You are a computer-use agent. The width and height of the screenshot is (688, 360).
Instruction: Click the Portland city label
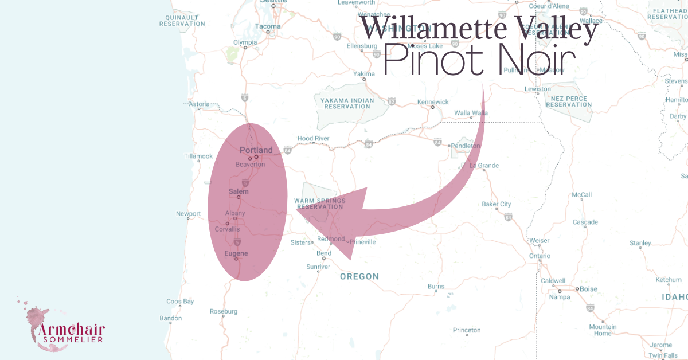pos(256,150)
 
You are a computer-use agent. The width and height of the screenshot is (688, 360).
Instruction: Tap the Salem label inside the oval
pos(239,191)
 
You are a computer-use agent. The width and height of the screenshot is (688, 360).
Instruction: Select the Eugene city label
pos(236,253)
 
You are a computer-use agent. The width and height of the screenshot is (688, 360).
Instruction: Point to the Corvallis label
pos(227,229)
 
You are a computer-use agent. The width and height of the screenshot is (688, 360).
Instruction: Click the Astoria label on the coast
pos(199,104)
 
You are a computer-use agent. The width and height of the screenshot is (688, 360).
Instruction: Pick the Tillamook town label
pos(198,156)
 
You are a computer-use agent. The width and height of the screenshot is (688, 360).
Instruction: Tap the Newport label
pos(188,214)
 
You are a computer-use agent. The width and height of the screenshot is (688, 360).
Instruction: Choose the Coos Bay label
pos(180,301)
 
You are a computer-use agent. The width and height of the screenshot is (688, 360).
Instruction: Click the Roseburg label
pos(224,311)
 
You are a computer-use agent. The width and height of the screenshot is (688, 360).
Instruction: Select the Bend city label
pos(324,253)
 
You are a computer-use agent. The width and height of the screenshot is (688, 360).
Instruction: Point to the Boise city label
pos(588,289)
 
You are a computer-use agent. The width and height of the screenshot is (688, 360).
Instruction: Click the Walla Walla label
pos(471,113)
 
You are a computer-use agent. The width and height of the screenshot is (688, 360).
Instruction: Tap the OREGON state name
pos(359,276)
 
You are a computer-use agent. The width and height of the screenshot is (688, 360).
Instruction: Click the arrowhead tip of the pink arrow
pos(297,210)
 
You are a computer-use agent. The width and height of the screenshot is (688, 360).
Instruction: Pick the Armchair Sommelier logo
pos(63,327)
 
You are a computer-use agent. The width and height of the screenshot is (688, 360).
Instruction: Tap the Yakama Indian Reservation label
pos(343,103)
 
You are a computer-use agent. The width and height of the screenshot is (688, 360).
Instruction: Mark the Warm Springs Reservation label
pos(319,204)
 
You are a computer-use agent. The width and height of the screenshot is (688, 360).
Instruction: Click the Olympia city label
pos(245,42)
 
